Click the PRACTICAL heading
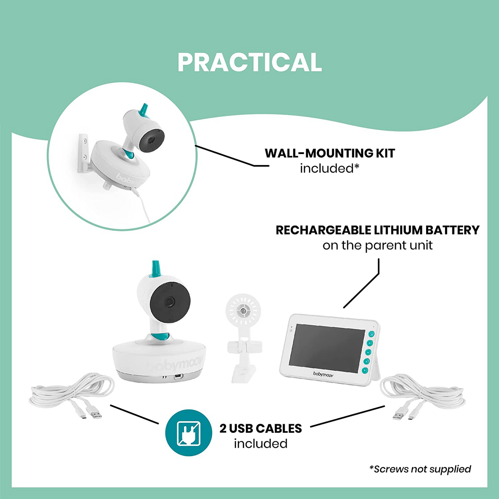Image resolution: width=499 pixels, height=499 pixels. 249,63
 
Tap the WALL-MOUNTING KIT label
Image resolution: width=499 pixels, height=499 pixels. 329,153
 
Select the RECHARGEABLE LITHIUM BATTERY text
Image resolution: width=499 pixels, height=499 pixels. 377,230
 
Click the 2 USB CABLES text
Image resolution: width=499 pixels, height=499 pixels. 261,429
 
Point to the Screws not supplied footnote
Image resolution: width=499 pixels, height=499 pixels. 420,469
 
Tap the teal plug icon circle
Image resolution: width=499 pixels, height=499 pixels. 189,433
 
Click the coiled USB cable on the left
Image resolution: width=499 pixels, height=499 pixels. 73,394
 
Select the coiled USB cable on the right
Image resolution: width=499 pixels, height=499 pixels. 423,394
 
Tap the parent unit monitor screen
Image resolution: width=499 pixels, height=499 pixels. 326,348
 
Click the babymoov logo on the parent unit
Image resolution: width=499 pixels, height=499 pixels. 323,374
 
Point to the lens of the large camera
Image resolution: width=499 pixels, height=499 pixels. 170,302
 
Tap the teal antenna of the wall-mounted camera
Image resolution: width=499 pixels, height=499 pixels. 143,109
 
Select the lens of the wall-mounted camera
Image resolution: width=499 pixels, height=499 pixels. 151,140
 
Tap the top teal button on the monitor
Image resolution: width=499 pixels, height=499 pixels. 371,334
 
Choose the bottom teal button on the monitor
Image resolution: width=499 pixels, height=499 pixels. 365,370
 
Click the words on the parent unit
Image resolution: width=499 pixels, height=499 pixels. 377,246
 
